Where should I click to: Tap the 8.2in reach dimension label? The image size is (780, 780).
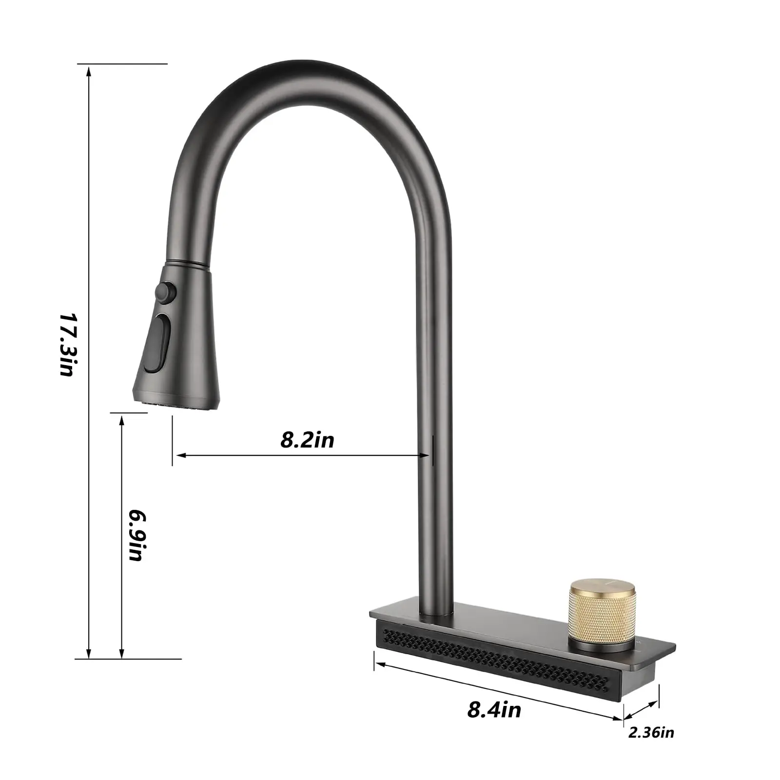tap(307, 440)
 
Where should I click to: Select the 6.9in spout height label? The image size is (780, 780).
tap(136, 535)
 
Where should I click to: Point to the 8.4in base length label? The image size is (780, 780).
tap(494, 710)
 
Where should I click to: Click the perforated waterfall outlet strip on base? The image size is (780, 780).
tap(497, 658)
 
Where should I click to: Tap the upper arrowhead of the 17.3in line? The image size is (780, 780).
tap(88, 71)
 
